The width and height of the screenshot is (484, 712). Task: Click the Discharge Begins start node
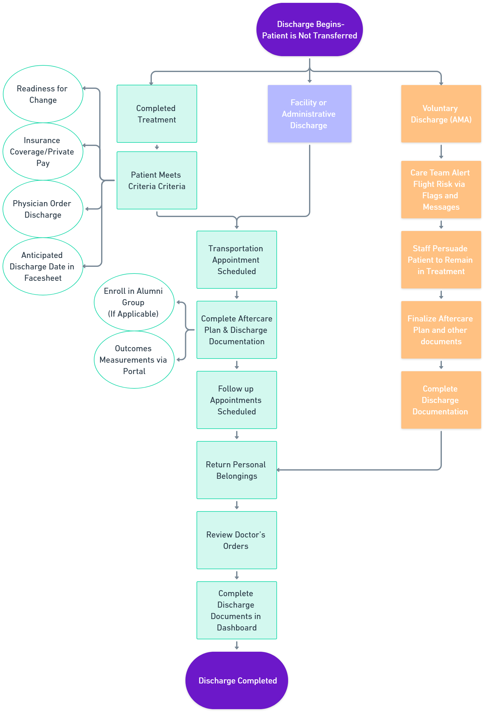(x=309, y=30)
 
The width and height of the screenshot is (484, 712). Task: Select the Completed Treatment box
(x=157, y=114)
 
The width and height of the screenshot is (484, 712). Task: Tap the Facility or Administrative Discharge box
(x=309, y=114)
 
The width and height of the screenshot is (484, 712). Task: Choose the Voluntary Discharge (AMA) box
(x=441, y=114)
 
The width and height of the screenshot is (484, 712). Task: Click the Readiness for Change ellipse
(x=43, y=94)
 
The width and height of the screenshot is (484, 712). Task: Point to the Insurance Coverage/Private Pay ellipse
(x=43, y=152)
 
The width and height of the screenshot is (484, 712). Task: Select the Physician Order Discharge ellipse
(x=43, y=209)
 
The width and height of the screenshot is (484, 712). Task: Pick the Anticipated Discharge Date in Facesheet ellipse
(x=43, y=267)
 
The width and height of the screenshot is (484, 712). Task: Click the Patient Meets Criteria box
(x=157, y=181)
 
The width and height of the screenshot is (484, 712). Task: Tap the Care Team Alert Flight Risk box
(x=441, y=190)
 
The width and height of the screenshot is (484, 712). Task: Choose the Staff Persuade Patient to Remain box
(x=441, y=260)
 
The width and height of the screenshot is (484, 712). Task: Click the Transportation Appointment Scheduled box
(x=236, y=260)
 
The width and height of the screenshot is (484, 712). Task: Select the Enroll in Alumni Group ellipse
(x=134, y=302)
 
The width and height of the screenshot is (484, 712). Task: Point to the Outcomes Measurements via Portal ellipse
(x=134, y=360)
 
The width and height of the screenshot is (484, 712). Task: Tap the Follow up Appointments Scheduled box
(x=236, y=400)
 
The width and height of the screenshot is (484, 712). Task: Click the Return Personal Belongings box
(x=236, y=470)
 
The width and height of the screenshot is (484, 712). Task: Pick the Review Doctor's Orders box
(x=236, y=540)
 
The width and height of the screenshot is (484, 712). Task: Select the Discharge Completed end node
(x=236, y=681)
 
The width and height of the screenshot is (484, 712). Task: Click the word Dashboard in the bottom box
(x=237, y=628)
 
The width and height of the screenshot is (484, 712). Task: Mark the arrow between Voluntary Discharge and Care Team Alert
(x=441, y=152)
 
